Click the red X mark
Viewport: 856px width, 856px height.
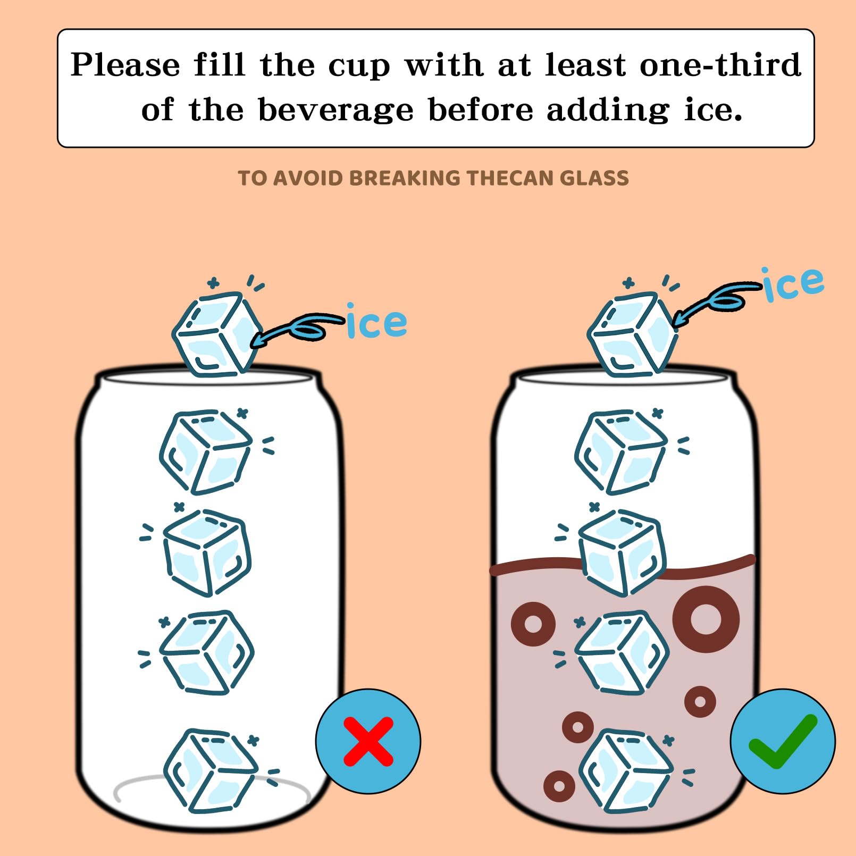point(368,741)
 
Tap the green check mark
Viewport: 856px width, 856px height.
point(782,741)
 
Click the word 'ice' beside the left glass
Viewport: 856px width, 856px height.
point(377,321)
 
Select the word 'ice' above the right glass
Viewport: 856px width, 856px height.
point(793,284)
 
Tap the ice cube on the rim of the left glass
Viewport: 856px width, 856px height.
point(218,334)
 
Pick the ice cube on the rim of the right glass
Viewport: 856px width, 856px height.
point(633,334)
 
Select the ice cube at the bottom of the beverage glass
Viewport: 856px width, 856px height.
point(626,771)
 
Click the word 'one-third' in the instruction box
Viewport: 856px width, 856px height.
point(720,65)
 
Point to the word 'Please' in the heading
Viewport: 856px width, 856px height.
point(125,65)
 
